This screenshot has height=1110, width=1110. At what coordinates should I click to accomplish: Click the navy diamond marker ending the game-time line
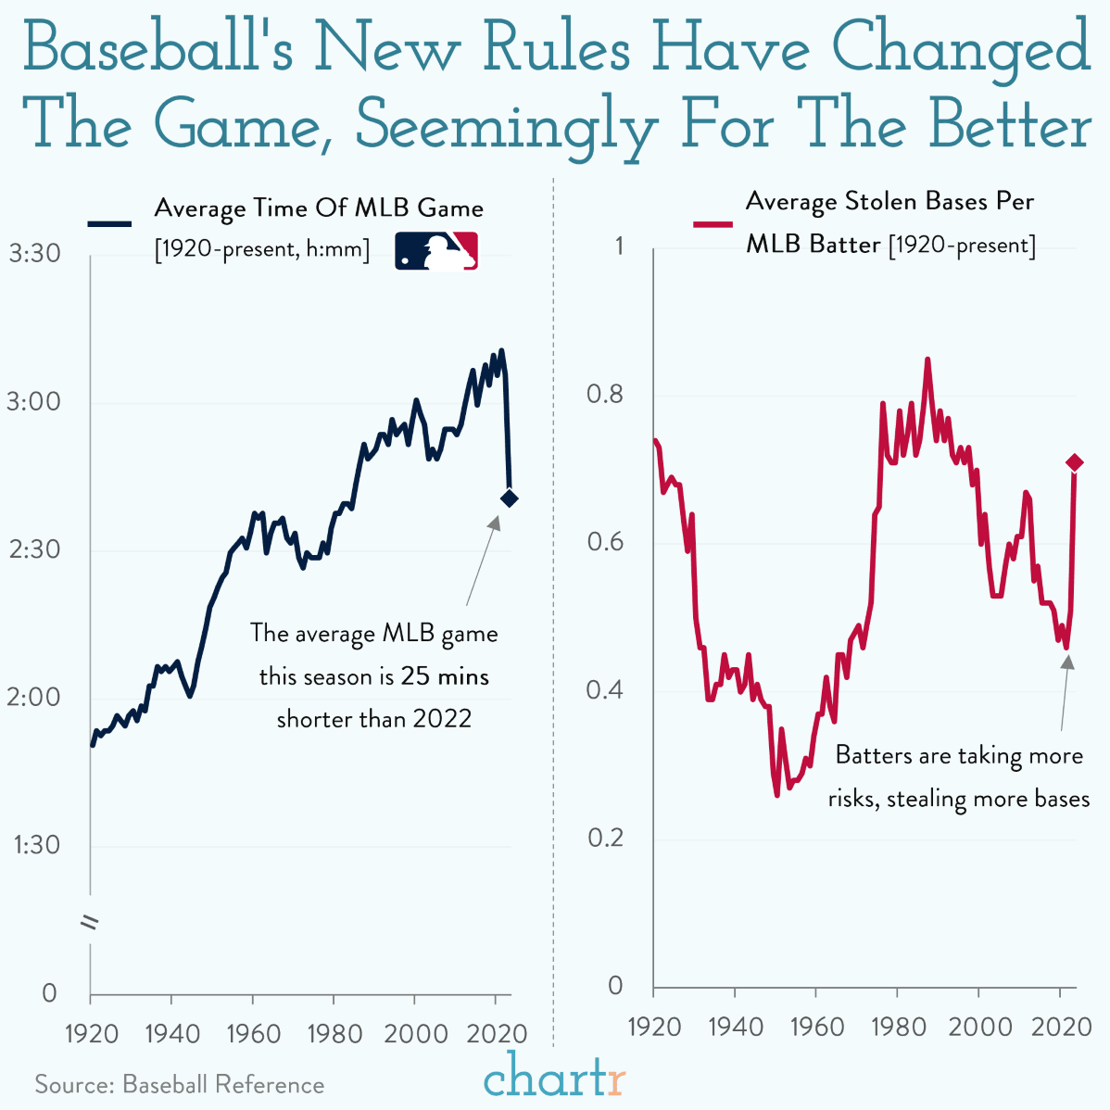[x=509, y=498]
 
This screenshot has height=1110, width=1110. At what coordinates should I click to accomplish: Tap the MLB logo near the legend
[x=436, y=250]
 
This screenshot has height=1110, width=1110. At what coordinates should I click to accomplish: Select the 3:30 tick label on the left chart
[x=34, y=254]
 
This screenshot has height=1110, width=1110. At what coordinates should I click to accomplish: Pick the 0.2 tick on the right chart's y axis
[x=606, y=839]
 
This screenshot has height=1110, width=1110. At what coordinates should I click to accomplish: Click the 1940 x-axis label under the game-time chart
[x=171, y=1033]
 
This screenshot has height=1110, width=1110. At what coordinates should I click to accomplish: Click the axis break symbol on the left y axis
[x=91, y=923]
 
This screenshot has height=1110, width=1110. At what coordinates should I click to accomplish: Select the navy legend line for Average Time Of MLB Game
[x=109, y=223]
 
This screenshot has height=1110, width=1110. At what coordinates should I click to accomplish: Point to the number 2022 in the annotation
[x=442, y=719]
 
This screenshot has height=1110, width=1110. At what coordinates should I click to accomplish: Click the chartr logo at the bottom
[x=555, y=1078]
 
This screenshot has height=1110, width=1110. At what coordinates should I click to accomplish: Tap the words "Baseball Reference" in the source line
[x=223, y=1085]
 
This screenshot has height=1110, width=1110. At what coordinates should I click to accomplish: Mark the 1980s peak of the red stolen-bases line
[x=927, y=359]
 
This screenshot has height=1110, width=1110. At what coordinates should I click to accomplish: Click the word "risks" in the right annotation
[x=852, y=799]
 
